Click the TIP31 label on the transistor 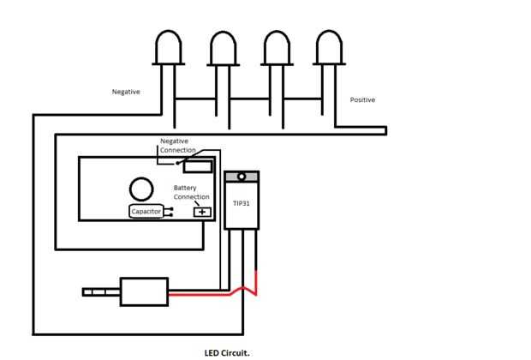(242, 203)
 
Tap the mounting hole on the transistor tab (242, 177)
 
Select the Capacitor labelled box (146, 212)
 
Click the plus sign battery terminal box (202, 213)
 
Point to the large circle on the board (141, 189)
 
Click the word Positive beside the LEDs (362, 99)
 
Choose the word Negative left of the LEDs (126, 92)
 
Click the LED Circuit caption (227, 353)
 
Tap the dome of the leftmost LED (169, 47)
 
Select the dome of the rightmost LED (329, 47)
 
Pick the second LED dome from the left (224, 48)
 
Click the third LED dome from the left (277, 48)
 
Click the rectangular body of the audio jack (144, 292)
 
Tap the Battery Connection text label (191, 192)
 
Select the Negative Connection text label (178, 146)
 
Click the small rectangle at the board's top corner (198, 167)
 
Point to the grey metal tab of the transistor (242, 177)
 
